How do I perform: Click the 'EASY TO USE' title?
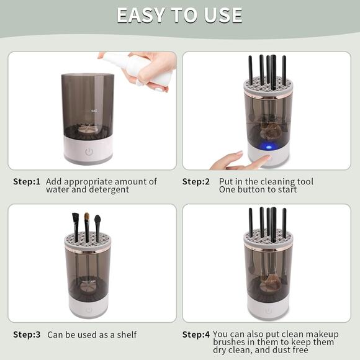click(x=179, y=15)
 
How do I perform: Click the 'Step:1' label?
click(x=27, y=182)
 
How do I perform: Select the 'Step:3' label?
click(x=27, y=335)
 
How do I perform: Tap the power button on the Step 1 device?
click(x=89, y=151)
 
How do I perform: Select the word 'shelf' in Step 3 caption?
click(x=126, y=335)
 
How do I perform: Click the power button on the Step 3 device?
click(x=88, y=309)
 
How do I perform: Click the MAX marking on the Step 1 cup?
click(x=94, y=111)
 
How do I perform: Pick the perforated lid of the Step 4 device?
click(x=268, y=239)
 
